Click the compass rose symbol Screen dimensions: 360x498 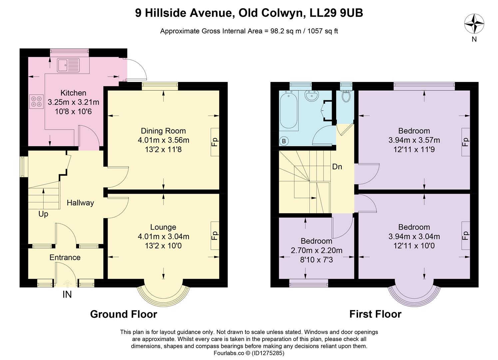tap(474, 24)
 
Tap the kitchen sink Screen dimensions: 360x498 tap(68, 65)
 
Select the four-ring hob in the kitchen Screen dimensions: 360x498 tap(37, 101)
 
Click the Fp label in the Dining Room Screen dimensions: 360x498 tap(215, 142)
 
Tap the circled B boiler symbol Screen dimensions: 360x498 tap(284, 141)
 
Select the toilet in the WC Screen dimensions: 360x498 tap(346, 96)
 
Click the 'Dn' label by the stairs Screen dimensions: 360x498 tap(337, 167)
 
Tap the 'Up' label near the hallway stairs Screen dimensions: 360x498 tap(43, 214)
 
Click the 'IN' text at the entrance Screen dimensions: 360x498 tap(67, 295)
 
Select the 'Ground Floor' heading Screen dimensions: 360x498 tap(124, 314)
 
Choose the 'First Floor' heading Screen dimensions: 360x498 tap(375, 314)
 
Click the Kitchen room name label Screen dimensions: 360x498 tap(73, 93)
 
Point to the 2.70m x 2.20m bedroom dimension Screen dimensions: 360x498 tap(316, 250)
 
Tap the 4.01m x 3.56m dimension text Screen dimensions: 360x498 tap(163, 140)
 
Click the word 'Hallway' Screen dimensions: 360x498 tap(80, 203)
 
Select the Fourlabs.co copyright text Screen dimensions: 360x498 tap(249, 353)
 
